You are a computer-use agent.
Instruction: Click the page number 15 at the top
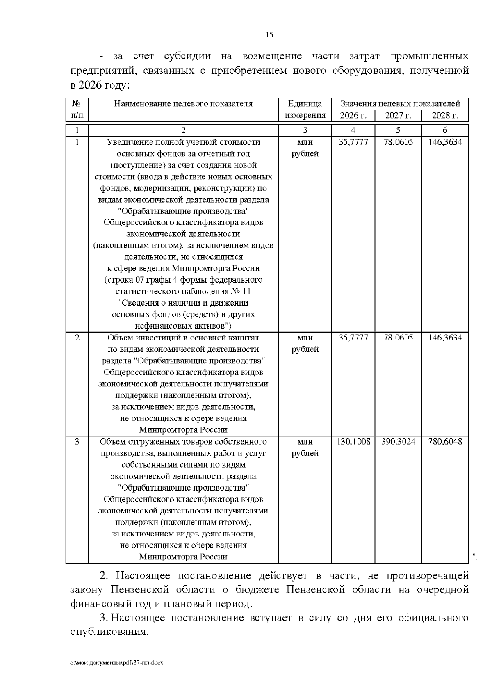[269, 35]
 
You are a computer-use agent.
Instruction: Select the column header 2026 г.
[353, 115]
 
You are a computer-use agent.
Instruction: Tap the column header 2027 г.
[398, 115]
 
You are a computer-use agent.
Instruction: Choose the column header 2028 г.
[445, 115]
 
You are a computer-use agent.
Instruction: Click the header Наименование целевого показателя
[183, 104]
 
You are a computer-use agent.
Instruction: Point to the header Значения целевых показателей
[400, 104]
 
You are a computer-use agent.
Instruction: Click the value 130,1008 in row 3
[353, 442]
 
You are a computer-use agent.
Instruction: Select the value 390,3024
[398, 442]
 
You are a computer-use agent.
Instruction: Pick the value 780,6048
[445, 442]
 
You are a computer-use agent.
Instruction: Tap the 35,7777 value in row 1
[353, 142]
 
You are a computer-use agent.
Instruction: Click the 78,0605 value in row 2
[398, 338]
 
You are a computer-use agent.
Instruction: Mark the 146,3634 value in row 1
[445, 142]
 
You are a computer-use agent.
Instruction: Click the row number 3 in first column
[77, 442]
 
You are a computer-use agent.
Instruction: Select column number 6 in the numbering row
[445, 130]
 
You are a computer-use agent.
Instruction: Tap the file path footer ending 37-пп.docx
[117, 663]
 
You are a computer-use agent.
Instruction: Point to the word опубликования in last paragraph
[108, 632]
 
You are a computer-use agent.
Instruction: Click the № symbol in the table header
[77, 104]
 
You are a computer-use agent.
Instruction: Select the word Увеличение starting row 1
[126, 142]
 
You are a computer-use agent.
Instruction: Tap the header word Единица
[305, 104]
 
